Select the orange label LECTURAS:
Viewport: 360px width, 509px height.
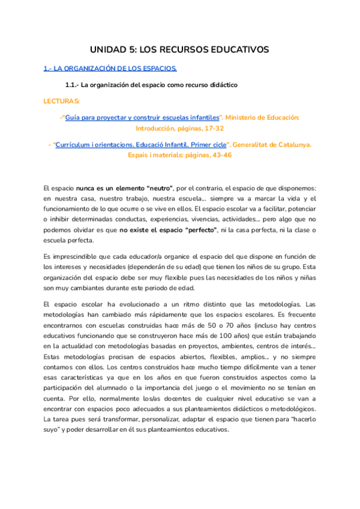62,101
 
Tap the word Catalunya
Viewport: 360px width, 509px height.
295,145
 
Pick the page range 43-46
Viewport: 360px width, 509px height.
220,155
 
